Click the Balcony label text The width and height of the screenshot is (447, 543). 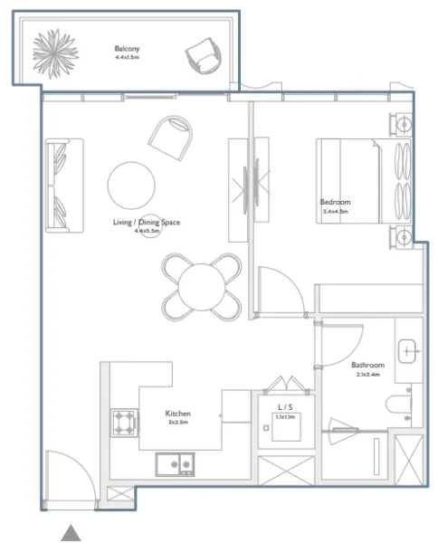click(x=126, y=49)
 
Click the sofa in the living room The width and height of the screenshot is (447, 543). click(x=62, y=186)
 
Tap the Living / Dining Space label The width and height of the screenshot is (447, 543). click(x=136, y=222)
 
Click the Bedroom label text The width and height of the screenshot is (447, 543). click(x=335, y=202)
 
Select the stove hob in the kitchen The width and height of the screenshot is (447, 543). click(x=123, y=422)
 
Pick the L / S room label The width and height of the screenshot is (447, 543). click(x=286, y=408)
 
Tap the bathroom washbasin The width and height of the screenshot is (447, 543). click(x=408, y=348)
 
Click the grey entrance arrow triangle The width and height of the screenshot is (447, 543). click(x=71, y=533)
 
